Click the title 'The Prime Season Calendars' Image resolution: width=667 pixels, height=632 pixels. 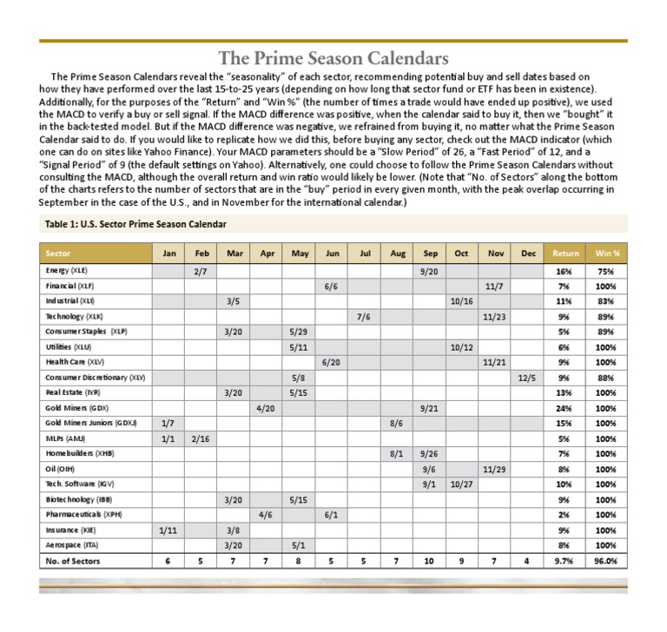click(x=333, y=59)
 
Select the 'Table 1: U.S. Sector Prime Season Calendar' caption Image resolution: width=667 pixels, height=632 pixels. click(x=135, y=224)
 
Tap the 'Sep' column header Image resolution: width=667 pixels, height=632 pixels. click(x=429, y=253)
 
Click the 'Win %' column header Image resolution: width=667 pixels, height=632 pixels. click(x=606, y=253)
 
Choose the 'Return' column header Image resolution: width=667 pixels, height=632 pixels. click(x=565, y=253)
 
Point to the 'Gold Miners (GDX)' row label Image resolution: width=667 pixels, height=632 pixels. click(x=77, y=407)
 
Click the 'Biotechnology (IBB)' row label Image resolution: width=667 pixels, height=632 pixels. click(x=80, y=500)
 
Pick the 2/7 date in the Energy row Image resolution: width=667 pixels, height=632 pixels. click(x=201, y=270)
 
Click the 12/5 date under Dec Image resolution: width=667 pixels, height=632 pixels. click(x=527, y=378)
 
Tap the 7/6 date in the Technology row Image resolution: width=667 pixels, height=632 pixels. click(x=364, y=316)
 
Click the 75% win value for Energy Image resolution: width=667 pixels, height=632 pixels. click(x=606, y=270)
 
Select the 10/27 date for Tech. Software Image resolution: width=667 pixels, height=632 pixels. click(x=461, y=484)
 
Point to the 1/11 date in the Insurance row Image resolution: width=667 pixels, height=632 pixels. click(x=168, y=530)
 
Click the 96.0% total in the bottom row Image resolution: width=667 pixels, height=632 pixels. click(x=606, y=561)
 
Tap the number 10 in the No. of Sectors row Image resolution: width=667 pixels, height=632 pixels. click(x=429, y=561)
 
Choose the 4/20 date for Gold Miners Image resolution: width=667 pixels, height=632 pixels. click(x=267, y=407)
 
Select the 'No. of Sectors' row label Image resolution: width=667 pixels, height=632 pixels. click(x=73, y=561)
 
